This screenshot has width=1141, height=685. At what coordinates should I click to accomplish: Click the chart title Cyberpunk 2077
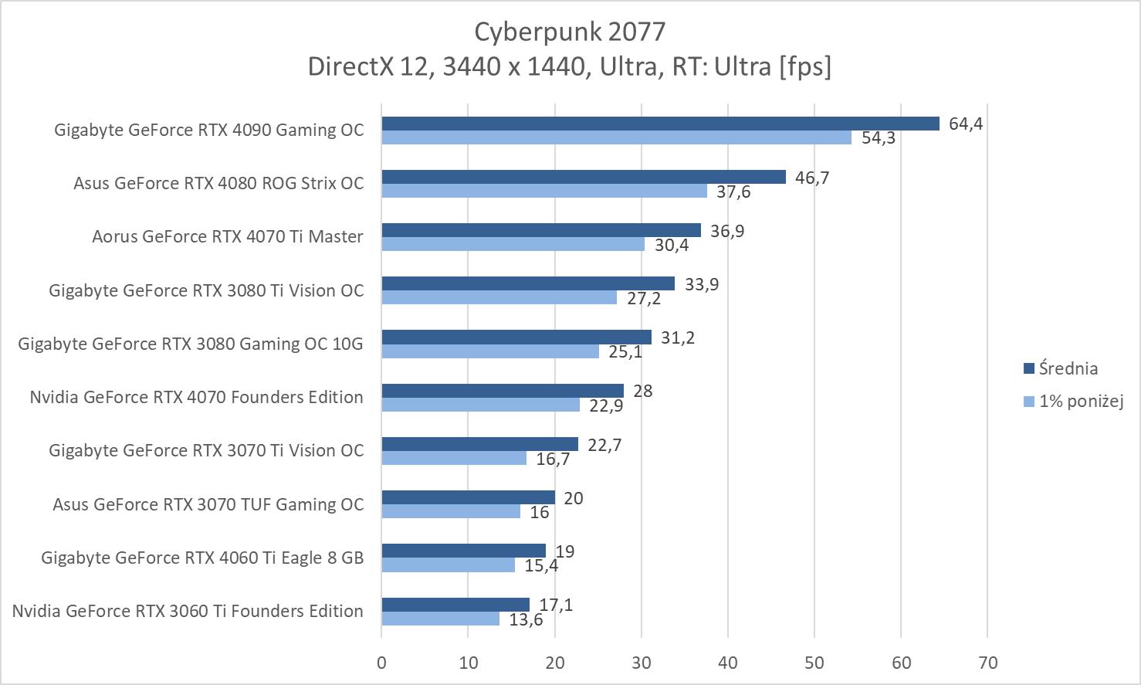[x=570, y=32]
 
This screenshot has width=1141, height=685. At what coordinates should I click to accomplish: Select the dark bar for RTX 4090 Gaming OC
[x=660, y=124]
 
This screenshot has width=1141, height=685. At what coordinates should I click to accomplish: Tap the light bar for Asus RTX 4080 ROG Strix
[x=544, y=191]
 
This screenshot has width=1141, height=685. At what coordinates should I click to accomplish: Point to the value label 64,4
[x=965, y=124]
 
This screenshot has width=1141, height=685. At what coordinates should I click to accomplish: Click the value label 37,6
[x=733, y=192]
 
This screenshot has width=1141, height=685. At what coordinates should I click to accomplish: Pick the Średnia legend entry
[x=1068, y=368]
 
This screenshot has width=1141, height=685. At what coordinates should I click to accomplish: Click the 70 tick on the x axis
[x=987, y=663]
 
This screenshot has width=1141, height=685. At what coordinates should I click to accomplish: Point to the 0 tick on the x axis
[x=381, y=663]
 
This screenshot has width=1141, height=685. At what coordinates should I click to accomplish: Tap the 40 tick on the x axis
[x=728, y=663]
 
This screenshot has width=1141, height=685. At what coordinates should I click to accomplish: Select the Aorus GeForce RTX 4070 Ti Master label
[x=227, y=236]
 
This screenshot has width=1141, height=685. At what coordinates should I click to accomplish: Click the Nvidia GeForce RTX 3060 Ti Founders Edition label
[x=188, y=611]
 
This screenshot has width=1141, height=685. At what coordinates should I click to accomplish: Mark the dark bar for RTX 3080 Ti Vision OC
[x=528, y=283]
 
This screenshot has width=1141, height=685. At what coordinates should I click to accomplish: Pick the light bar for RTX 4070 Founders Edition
[x=480, y=405]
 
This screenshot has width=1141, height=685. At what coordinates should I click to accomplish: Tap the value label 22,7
[x=604, y=445]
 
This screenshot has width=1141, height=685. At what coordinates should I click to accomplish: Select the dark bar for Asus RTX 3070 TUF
[x=468, y=497]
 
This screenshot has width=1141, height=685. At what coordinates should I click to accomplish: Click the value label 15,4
[x=540, y=565]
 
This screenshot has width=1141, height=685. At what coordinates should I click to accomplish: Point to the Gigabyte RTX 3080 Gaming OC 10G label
[x=190, y=344]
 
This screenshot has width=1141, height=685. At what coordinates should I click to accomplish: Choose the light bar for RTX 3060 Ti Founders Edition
[x=440, y=619]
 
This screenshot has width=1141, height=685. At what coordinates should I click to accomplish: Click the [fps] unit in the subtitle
[x=805, y=66]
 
